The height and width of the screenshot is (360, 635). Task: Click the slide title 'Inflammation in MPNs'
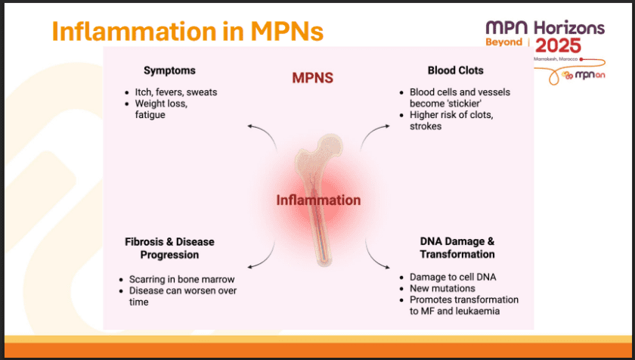point(187,31)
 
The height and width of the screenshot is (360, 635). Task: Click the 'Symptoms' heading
point(169,70)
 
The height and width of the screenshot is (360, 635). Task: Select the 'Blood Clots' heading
point(455,70)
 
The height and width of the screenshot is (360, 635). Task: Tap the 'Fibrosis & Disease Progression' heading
point(169,248)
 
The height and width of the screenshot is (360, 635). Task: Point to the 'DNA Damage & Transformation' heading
point(457,248)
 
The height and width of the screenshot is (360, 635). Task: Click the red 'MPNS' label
point(313,78)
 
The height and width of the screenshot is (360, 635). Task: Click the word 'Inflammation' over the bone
point(318,200)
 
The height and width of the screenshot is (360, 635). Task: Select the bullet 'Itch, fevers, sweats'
point(175,92)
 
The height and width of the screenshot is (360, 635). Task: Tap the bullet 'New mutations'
point(442,289)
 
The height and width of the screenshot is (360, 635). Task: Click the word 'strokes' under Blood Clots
point(426,126)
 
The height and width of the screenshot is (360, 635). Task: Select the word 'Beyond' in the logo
point(503,42)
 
